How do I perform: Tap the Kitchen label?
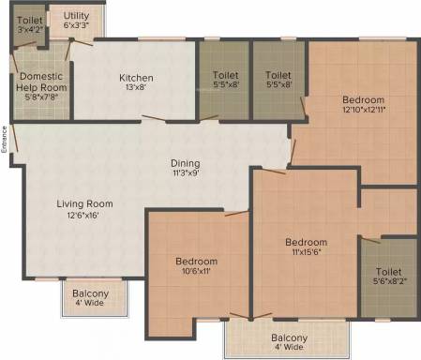coord(136,78)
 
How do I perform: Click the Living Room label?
coord(84,203)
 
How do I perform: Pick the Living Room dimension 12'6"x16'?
coord(84,215)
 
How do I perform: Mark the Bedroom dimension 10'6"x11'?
coord(196,272)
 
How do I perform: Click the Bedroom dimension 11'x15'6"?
coord(306,253)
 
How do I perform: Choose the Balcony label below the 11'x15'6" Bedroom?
coord(289,337)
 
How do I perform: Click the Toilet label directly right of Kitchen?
coord(226,75)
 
